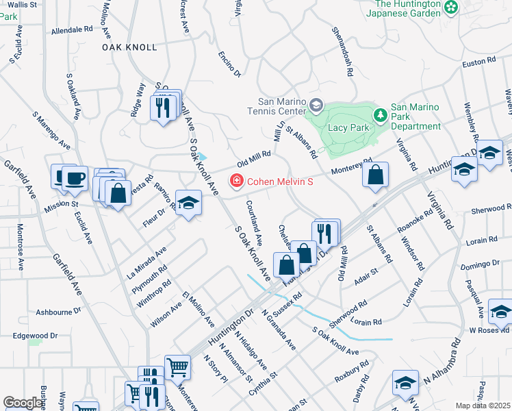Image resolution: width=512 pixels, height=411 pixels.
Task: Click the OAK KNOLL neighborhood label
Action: click(129, 47)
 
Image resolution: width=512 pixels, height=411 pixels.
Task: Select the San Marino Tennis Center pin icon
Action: click(316, 105)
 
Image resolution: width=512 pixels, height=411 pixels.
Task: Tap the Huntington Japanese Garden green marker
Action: click(450, 8)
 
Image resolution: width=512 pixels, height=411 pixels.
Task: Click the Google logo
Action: click(22, 403)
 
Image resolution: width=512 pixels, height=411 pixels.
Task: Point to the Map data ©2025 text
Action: click(483, 406)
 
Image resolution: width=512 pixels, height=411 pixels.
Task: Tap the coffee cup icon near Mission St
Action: click(75, 179)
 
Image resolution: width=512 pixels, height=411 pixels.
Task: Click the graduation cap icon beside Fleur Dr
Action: click(188, 203)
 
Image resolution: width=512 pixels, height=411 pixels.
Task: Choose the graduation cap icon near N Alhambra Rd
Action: click(405, 383)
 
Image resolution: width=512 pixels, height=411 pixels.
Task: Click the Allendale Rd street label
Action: click(71, 30)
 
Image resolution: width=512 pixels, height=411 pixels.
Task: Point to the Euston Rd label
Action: click(478, 62)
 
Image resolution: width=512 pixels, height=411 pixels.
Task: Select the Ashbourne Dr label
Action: click(58, 311)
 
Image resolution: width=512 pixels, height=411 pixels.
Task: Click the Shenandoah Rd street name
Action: click(342, 51)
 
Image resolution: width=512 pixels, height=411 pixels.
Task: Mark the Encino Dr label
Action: click(230, 64)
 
